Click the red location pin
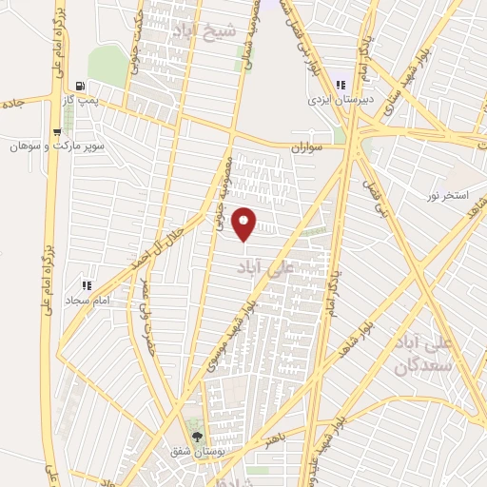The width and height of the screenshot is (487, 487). click(244, 223)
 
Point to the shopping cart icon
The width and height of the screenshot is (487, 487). click(58, 132)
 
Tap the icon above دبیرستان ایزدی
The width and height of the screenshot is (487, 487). click(340, 85)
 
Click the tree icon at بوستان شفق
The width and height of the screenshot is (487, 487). click(197, 437)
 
